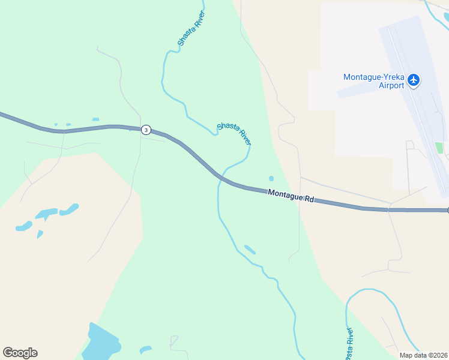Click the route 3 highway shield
point(146,130)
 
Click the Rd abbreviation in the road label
point(309,199)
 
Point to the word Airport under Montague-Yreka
point(391,86)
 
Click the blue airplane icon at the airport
point(413,80)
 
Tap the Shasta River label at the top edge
point(191,29)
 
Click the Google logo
point(20,353)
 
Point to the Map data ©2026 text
point(423,355)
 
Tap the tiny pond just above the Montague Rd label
point(271,178)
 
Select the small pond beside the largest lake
point(145,349)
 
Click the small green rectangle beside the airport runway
point(439,148)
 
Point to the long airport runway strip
point(420,108)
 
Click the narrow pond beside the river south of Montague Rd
point(250,249)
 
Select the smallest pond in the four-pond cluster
point(40,234)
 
